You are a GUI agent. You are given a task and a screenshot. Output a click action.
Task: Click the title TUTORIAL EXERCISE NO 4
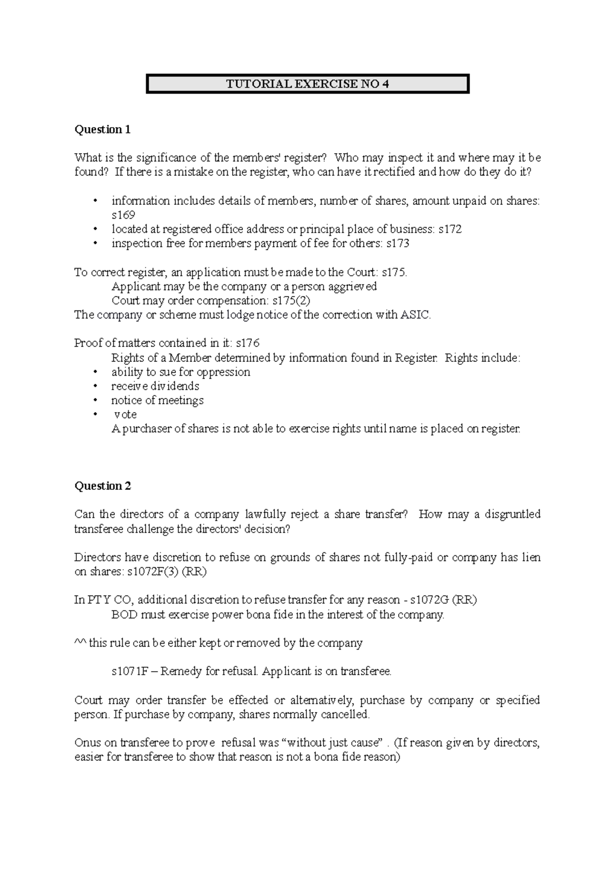307,84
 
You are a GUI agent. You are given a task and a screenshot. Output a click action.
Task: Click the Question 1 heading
102,130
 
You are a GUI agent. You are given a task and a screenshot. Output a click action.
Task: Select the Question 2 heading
102,486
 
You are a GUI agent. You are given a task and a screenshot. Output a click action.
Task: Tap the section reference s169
123,215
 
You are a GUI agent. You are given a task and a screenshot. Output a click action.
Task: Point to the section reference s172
450,230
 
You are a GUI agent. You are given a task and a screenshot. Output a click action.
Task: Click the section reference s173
397,244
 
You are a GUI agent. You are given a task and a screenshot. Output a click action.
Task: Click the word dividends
175,386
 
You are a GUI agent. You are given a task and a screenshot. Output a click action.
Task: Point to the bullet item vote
125,415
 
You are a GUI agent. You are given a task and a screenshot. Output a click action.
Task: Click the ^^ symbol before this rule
80,643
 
